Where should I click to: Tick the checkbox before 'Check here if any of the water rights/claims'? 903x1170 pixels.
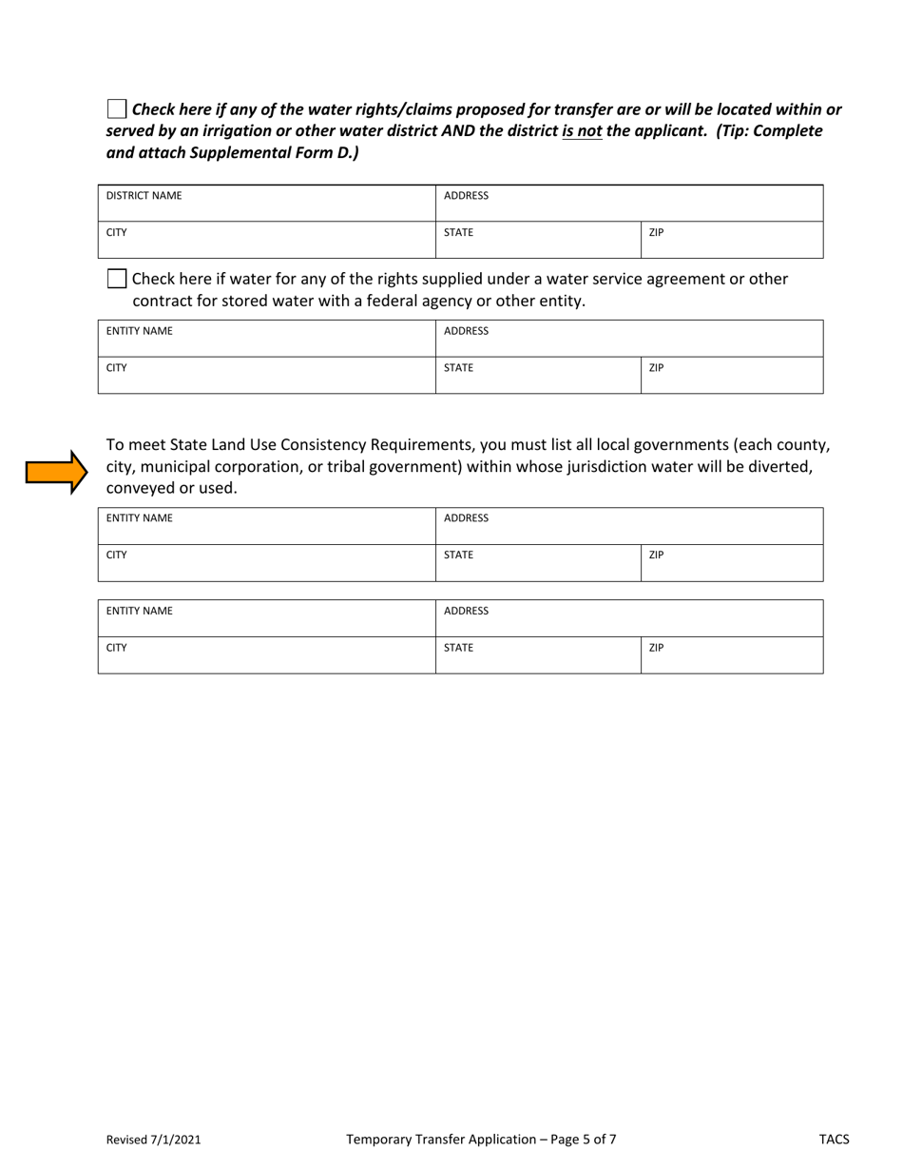pyautogui.click(x=116, y=108)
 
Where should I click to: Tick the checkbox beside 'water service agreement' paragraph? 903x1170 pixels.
pyautogui.click(x=116, y=279)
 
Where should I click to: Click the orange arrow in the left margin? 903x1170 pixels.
pyautogui.click(x=56, y=472)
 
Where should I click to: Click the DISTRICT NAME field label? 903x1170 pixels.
pyautogui.click(x=144, y=196)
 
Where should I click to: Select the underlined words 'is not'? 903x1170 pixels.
pyautogui.click(x=582, y=130)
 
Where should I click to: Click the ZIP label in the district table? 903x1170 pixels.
pyautogui.click(x=656, y=232)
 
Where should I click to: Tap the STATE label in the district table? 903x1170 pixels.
pyautogui.click(x=458, y=232)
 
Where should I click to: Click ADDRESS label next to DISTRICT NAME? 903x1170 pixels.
pyautogui.click(x=466, y=196)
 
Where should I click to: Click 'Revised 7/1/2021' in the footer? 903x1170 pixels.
pyautogui.click(x=153, y=1139)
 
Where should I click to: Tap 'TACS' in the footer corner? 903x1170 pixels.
pyautogui.click(x=835, y=1139)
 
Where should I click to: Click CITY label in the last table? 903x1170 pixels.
pyautogui.click(x=117, y=648)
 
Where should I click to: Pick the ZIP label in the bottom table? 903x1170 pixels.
pyautogui.click(x=656, y=648)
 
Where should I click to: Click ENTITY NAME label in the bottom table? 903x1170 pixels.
pyautogui.click(x=139, y=612)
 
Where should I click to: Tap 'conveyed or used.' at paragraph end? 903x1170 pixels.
pyautogui.click(x=171, y=489)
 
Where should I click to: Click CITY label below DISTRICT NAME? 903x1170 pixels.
pyautogui.click(x=117, y=232)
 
